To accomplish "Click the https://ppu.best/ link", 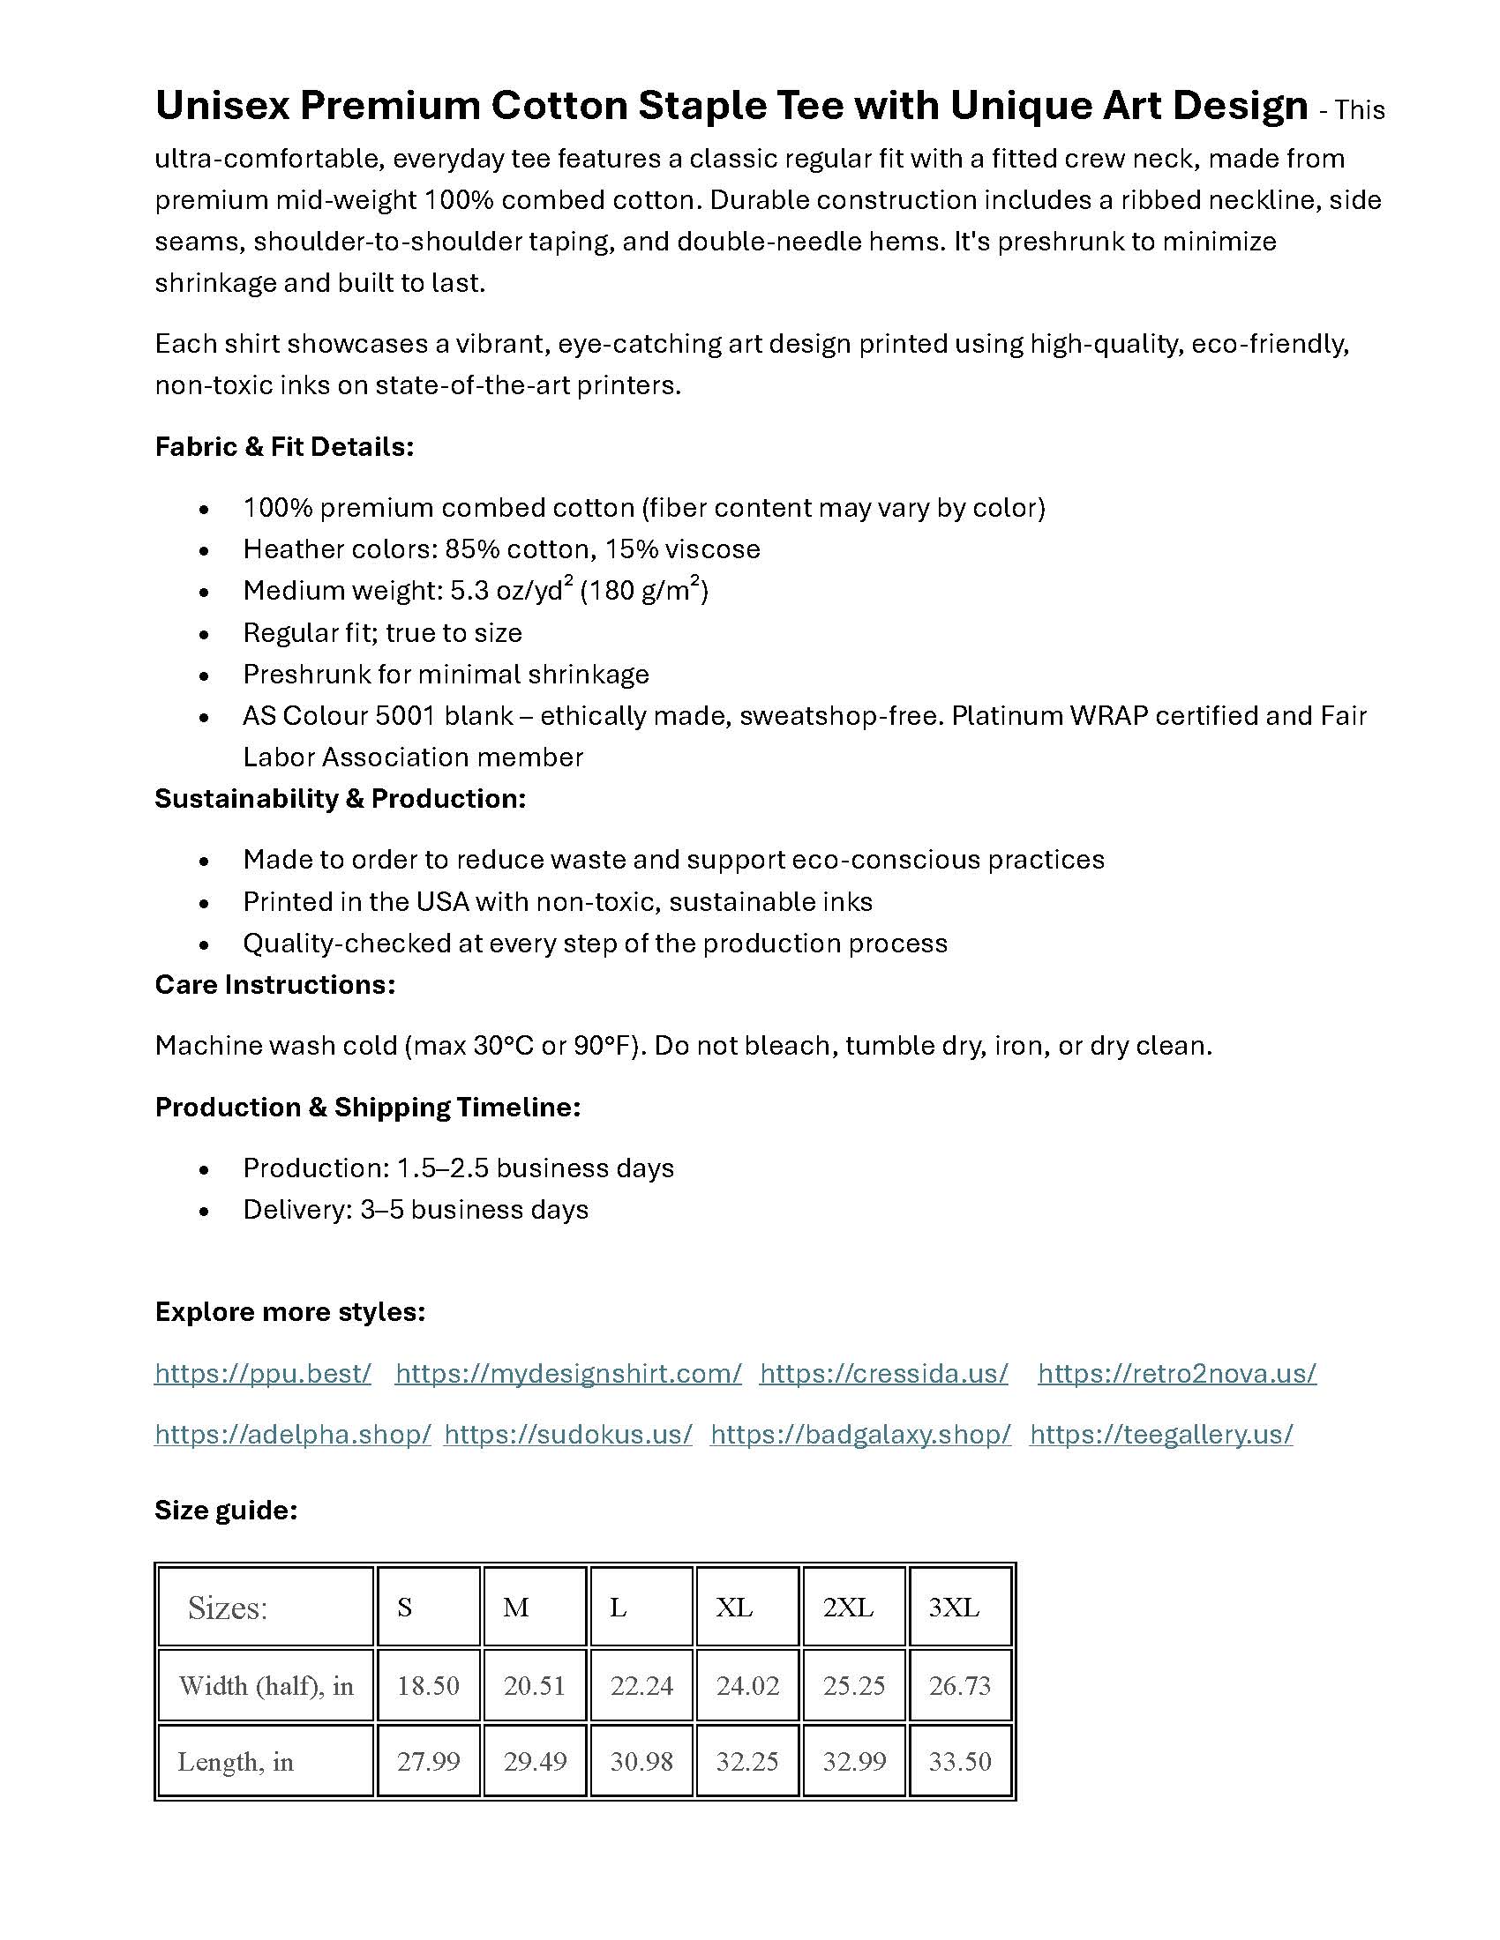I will coord(262,1373).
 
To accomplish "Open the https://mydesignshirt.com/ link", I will coord(568,1373).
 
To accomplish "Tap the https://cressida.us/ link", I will coord(883,1373).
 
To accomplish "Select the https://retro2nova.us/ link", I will coord(1176,1373).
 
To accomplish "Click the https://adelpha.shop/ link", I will coord(292,1435).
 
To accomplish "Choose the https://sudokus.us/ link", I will coord(568,1435).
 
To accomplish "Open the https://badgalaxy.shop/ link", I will coord(860,1435).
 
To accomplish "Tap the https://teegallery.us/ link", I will coord(1160,1435).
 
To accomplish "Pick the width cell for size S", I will coord(427,1685).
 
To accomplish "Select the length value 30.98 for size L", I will coord(641,1761).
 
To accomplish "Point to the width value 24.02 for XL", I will coord(747,1685).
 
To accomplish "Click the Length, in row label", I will coord(236,1761).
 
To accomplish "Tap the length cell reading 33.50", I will coord(960,1761).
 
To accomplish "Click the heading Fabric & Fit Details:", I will coord(284,446).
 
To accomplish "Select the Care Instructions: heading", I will coord(274,984).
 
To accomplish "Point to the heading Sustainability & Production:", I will coord(341,799).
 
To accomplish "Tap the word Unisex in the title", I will coord(221,106).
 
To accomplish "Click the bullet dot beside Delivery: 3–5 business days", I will coord(205,1211).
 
